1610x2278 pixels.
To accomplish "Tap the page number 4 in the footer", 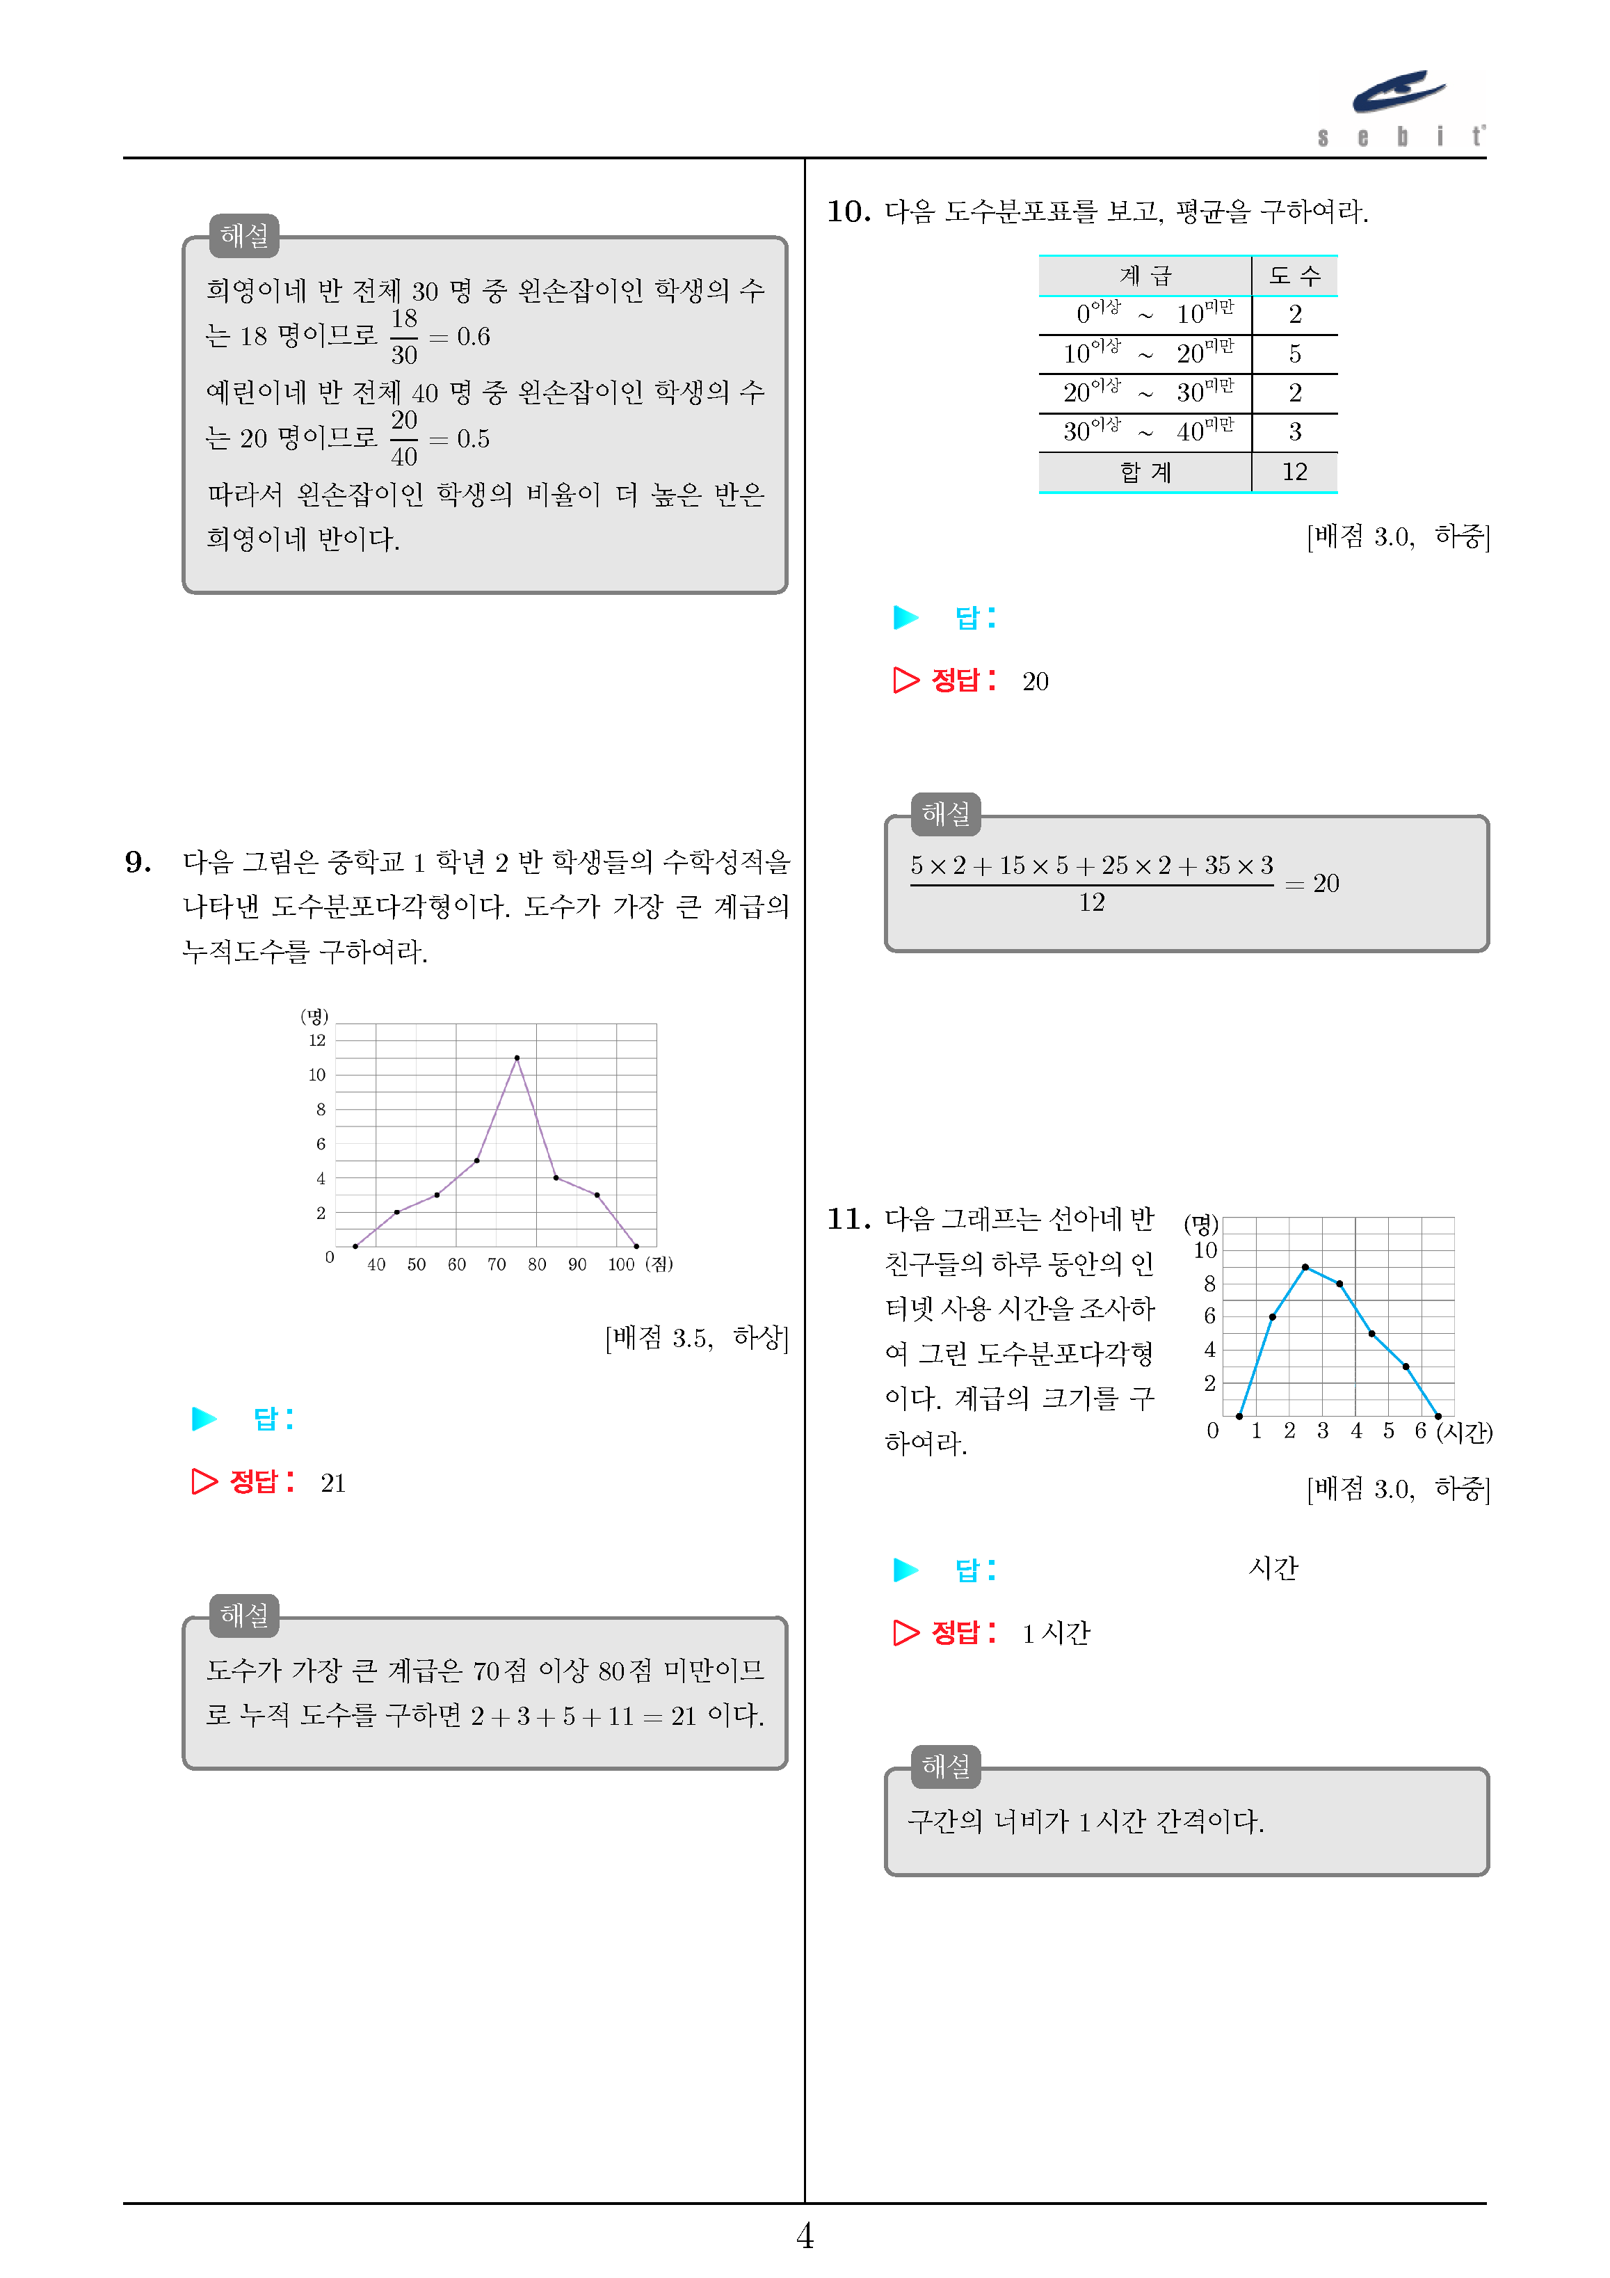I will pos(805,2236).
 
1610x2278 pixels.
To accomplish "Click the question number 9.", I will pos(138,861).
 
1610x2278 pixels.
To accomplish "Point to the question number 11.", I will pos(848,1218).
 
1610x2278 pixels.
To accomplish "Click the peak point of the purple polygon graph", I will pos(517,1058).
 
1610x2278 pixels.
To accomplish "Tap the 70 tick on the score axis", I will pos(496,1264).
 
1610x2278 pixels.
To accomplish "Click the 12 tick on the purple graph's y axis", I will pos(316,1040).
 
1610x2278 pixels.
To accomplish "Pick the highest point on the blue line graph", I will pos(1305,1267).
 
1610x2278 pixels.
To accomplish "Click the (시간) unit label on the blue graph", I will pos(1464,1432).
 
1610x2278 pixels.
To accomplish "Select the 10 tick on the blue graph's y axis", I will pos(1205,1250).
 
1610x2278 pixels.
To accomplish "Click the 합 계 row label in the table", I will pos(1145,472).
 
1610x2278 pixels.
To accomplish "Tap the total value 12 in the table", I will pos(1294,472).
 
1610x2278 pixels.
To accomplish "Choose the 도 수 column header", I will pos(1294,276).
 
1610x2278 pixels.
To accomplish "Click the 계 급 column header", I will pos(1145,276).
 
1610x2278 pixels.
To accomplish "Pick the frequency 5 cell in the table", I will pos(1294,354).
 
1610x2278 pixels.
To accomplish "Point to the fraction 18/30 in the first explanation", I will pos(404,336).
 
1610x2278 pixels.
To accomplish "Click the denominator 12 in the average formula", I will pos(1091,902).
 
